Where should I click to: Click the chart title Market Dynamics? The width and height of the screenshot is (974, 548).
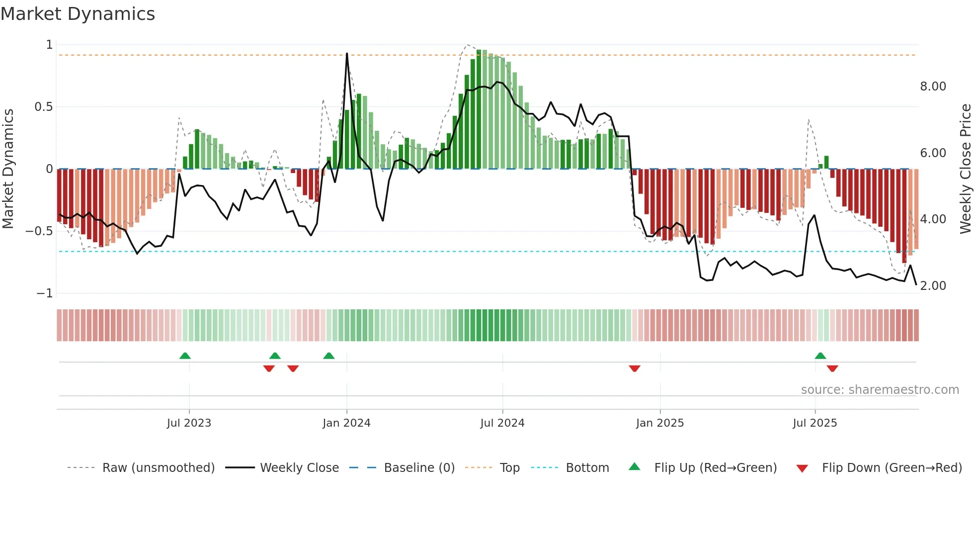[78, 14]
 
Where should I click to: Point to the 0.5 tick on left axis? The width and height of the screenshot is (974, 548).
[43, 107]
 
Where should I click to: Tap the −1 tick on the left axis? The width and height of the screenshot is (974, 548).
[44, 293]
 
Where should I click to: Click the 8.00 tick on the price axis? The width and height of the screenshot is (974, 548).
[933, 87]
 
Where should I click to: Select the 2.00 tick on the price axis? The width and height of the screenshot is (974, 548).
[933, 286]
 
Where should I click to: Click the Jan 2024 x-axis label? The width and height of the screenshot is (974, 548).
[346, 423]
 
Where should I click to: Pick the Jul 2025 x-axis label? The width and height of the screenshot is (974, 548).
[814, 423]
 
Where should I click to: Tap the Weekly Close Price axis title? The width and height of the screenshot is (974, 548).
[965, 169]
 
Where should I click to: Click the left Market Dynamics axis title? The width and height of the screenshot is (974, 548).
[8, 169]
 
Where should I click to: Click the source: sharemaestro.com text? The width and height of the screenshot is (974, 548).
[880, 390]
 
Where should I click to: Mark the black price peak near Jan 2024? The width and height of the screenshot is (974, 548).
[347, 54]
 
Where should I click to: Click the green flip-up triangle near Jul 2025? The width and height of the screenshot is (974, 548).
[820, 356]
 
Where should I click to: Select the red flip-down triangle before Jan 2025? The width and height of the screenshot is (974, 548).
[634, 368]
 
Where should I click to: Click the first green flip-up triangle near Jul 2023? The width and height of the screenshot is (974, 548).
[185, 356]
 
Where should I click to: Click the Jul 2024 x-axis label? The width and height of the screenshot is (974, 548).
[502, 423]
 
